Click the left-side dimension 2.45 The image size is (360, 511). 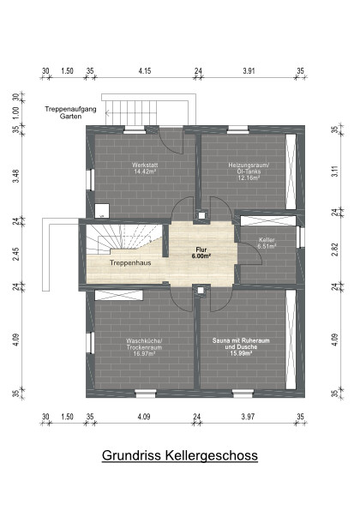15,255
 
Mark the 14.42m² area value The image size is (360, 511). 143,171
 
